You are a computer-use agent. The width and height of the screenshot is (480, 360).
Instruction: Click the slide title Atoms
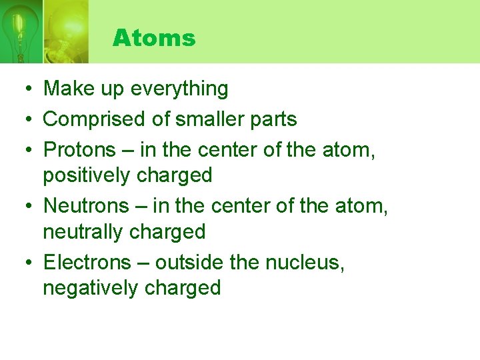[154, 38]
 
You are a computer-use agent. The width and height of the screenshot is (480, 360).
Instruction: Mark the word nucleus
[304, 263]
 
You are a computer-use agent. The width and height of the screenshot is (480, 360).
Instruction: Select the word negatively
[90, 289]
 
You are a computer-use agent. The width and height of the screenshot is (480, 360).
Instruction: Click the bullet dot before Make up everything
[23, 89]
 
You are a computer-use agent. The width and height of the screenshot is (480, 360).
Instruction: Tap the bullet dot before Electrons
[23, 263]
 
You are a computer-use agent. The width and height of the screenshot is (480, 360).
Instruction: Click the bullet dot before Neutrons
[23, 207]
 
